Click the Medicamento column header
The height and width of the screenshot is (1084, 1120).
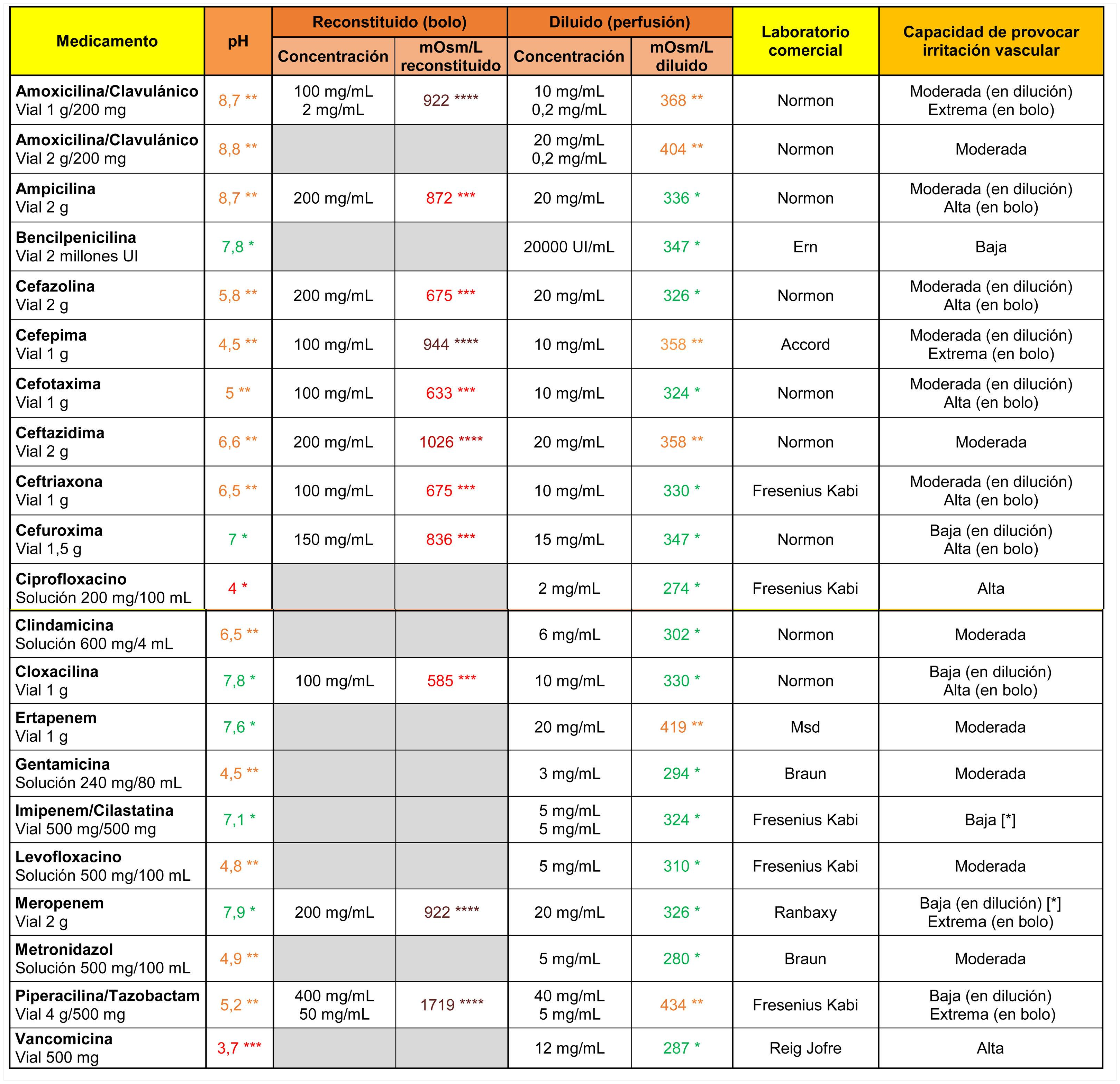(x=107, y=41)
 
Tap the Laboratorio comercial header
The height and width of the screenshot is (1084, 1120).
(x=805, y=41)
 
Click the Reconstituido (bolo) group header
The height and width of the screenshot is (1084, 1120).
(x=389, y=22)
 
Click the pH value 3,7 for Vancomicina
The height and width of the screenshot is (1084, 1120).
(x=239, y=1048)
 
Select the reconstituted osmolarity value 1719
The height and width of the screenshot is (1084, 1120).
(x=452, y=1004)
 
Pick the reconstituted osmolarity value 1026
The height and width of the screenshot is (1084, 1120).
(x=451, y=442)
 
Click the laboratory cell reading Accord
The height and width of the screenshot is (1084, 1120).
(x=805, y=344)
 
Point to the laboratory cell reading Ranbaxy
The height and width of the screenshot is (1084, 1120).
(x=805, y=912)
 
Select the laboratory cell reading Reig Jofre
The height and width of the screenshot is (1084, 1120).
(x=805, y=1048)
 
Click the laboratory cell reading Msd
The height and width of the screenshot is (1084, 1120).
(x=805, y=727)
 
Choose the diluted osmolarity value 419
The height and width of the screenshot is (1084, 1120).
(x=681, y=727)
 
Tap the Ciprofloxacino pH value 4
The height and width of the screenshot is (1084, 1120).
(x=238, y=588)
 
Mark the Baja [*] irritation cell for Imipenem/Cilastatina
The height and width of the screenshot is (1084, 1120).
(x=990, y=819)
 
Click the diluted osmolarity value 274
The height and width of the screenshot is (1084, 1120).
(x=681, y=588)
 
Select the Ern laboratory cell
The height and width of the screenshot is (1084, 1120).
(x=805, y=247)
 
